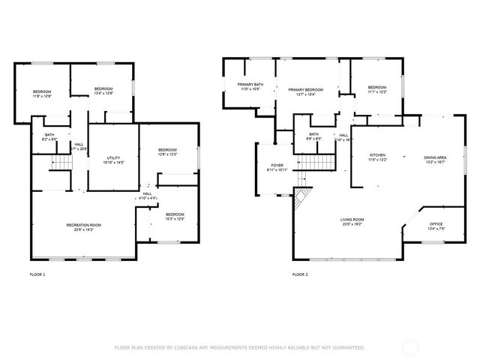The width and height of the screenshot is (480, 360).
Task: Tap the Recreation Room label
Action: pyautogui.click(x=83, y=227)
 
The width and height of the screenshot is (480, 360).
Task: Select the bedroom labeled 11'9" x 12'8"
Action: pyautogui.click(x=41, y=94)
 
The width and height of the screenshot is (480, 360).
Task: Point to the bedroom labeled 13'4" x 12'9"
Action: pyautogui.click(x=103, y=91)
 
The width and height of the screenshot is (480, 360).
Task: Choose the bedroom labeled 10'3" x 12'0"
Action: pyautogui.click(x=175, y=217)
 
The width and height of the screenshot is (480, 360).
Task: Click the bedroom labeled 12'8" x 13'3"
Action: pyautogui.click(x=167, y=152)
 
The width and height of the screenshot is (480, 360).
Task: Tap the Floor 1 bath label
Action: pyautogui.click(x=49, y=137)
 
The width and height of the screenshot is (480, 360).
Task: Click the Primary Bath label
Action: pyautogui.click(x=250, y=87)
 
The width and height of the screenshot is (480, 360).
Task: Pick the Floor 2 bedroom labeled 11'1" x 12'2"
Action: pyautogui.click(x=377, y=90)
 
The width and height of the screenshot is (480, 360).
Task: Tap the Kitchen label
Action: pyautogui.click(x=376, y=157)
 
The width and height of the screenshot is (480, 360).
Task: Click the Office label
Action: pyautogui.click(x=436, y=226)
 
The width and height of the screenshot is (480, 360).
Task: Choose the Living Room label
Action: pyautogui.click(x=352, y=221)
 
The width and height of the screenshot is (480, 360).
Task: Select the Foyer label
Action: pyautogui.click(x=277, y=167)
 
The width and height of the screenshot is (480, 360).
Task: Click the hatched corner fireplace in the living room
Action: pyautogui.click(x=301, y=198)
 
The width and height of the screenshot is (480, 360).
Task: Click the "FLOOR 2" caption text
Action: pyautogui.click(x=300, y=274)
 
